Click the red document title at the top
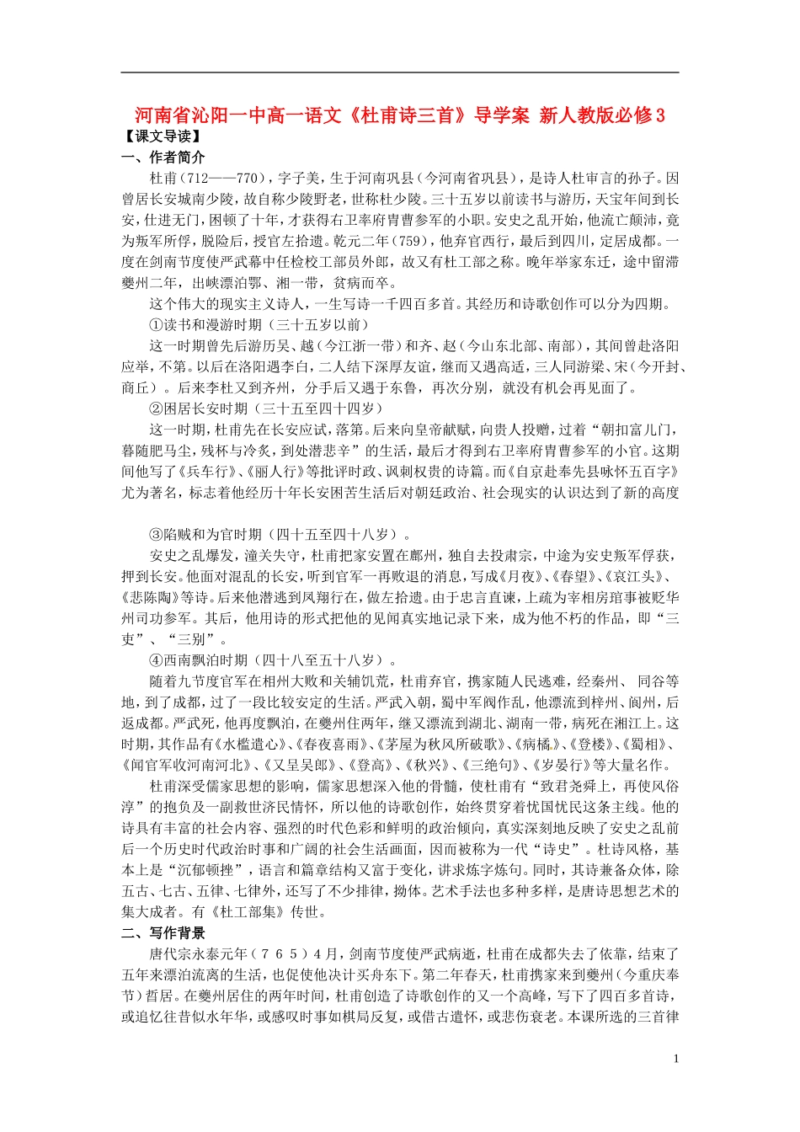pos(400,115)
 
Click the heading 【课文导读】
pos(160,136)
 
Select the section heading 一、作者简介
pos(163,158)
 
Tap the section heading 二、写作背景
pos(163,932)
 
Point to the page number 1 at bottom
pos(675,1059)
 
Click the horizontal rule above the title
pos(400,72)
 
